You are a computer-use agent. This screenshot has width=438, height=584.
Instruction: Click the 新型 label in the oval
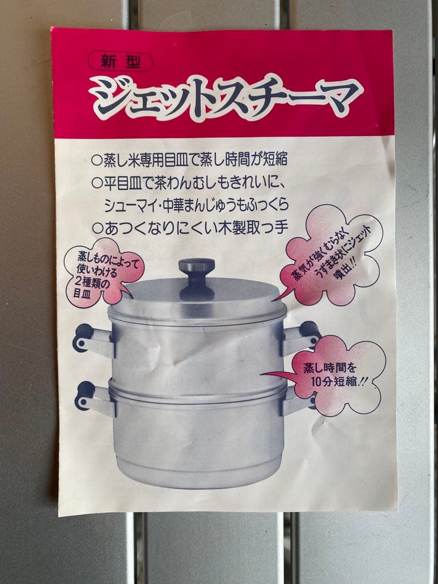tap(121, 63)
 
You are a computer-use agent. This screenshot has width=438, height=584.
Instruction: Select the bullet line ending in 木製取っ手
tap(189, 228)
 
